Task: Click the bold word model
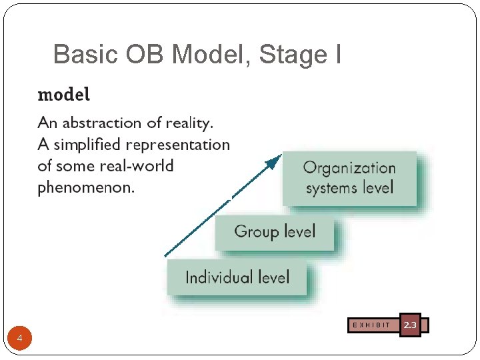64,95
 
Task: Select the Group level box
274,233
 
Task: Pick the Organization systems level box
349,178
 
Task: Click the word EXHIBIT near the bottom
371,325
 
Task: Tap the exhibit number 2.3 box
410,325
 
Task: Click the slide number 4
20,339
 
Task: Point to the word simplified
88,145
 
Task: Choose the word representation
178,145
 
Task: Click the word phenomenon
85,187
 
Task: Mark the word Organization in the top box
349,168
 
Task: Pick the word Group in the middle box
256,232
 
